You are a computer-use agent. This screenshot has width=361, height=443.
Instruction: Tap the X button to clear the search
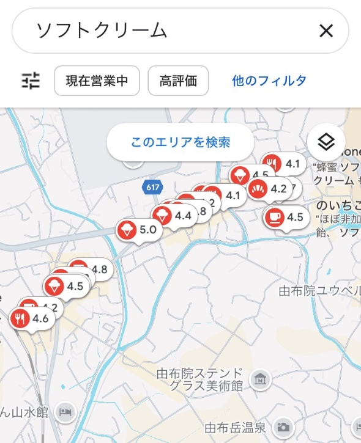click(326, 31)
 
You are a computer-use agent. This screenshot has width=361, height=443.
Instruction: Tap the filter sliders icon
click(31, 81)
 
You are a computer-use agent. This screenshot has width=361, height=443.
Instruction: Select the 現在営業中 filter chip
click(97, 81)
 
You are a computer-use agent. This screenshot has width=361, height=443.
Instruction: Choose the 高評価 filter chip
click(178, 81)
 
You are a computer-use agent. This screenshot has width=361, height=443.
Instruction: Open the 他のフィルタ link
click(269, 81)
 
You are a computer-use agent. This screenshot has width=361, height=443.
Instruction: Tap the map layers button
click(326, 142)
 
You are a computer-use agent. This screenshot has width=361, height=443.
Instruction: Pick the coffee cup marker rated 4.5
click(274, 217)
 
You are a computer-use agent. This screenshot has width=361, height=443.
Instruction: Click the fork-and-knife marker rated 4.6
click(21, 318)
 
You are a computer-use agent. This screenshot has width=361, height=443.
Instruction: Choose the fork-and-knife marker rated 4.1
click(272, 164)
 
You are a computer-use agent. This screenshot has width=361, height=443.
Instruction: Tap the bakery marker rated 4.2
click(258, 189)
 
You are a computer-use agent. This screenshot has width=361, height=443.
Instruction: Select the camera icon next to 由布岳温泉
click(283, 427)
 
